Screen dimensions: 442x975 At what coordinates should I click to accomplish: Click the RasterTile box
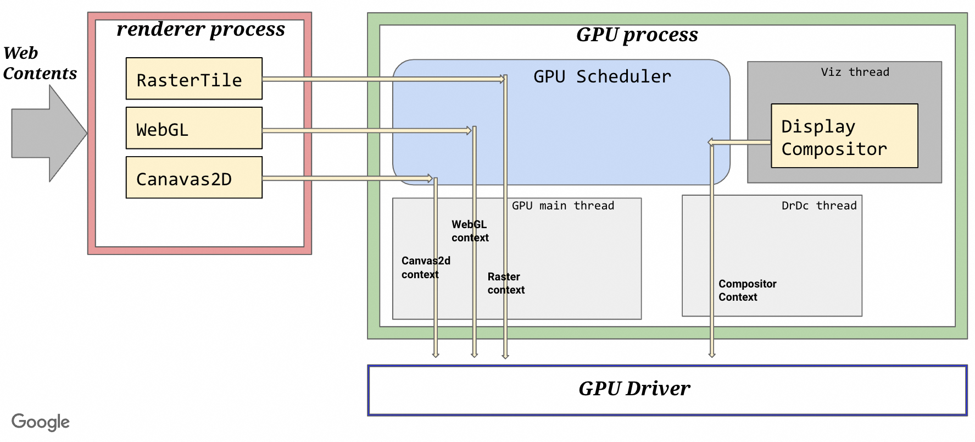(x=194, y=79)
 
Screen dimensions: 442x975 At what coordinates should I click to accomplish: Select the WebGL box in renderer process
(x=194, y=128)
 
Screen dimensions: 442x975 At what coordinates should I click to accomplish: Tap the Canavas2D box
(x=194, y=178)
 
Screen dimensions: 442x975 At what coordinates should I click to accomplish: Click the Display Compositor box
(x=844, y=136)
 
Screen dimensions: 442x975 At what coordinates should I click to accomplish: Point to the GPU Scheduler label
(x=602, y=76)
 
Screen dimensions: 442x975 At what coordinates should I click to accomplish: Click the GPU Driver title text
(x=634, y=389)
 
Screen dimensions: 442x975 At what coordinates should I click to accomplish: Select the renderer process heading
(x=200, y=29)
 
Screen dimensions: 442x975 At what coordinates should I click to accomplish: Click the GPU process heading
(x=637, y=35)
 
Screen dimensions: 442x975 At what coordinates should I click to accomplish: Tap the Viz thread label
(x=855, y=72)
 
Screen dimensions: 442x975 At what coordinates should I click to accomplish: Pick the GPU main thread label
(x=562, y=206)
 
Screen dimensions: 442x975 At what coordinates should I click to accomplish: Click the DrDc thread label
(x=818, y=206)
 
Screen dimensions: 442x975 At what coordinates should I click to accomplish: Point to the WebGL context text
(x=470, y=231)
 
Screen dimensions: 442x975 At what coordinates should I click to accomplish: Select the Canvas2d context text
(x=425, y=267)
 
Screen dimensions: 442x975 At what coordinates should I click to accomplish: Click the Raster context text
(x=505, y=283)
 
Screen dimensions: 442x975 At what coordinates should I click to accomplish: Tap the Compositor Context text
(x=747, y=290)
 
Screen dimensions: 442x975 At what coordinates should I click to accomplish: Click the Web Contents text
(x=40, y=63)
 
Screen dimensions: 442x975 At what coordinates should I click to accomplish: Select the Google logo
(x=41, y=422)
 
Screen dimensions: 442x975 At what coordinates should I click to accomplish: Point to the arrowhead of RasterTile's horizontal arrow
(x=502, y=79)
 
